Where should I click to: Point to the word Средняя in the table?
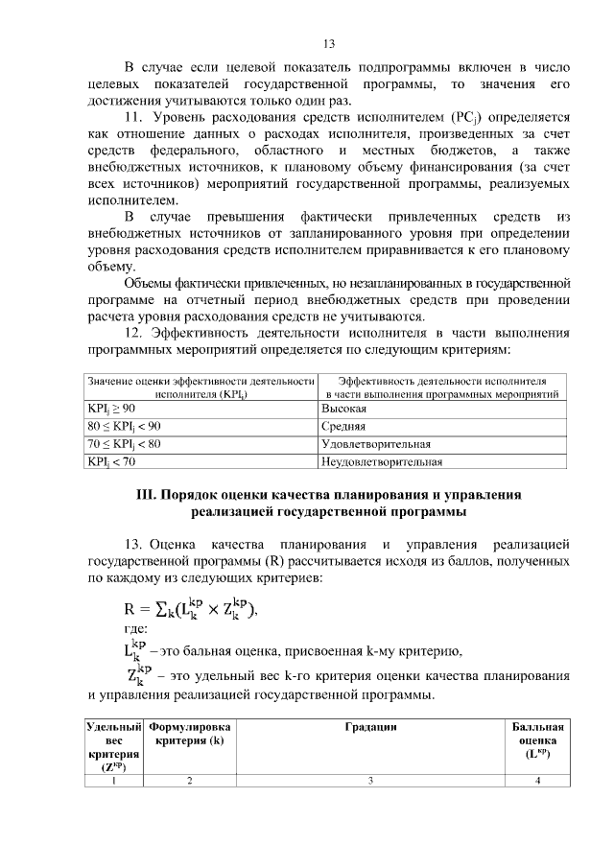(x=342, y=427)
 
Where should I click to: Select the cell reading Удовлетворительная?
(x=375, y=444)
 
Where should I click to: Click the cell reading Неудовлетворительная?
(x=381, y=461)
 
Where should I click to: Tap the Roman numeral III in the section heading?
(x=146, y=495)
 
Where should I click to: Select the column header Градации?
(x=371, y=728)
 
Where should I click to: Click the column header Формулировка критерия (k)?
(x=190, y=735)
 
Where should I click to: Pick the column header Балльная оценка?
(x=537, y=740)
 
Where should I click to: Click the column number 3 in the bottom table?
(x=371, y=781)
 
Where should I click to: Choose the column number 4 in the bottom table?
(x=537, y=781)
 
